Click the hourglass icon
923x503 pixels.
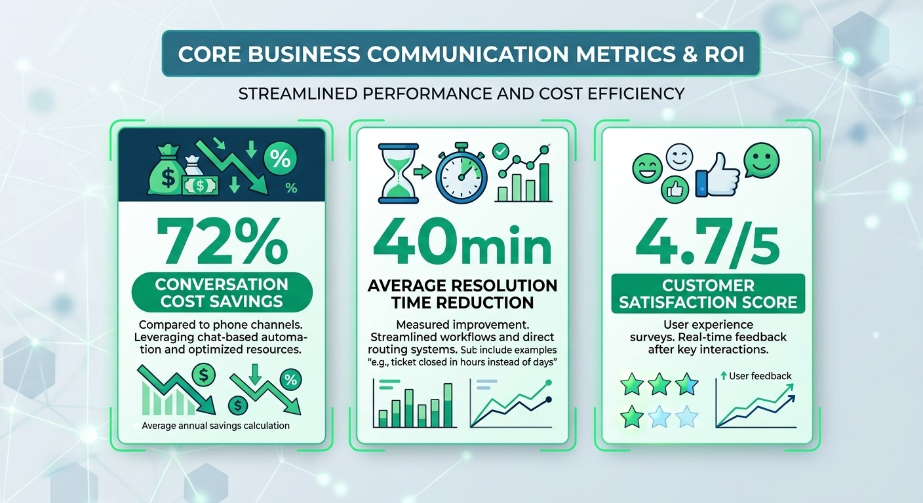tap(398, 173)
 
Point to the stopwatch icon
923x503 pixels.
tap(461, 174)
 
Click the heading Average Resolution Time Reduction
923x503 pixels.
tap(462, 294)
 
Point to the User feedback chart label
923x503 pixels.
tap(759, 376)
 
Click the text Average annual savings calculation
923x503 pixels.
tap(216, 426)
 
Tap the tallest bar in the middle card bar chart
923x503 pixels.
tap(448, 404)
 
